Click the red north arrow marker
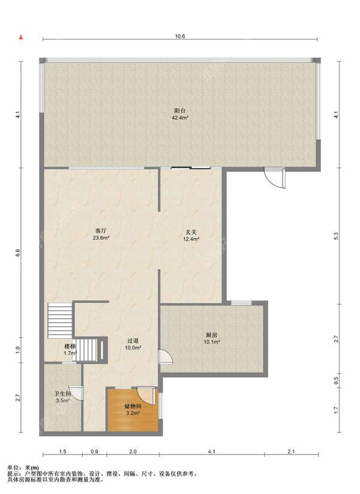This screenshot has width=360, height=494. click(x=21, y=37)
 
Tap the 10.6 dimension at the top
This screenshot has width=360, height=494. click(x=180, y=36)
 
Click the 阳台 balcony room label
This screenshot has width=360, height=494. click(x=179, y=111)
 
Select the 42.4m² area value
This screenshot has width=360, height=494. click(x=179, y=118)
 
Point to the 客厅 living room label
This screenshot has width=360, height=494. click(x=101, y=231)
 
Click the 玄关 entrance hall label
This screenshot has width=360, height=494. click(x=191, y=232)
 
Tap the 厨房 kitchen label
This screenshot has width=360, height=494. click(x=212, y=335)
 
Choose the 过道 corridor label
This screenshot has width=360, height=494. click(x=133, y=341)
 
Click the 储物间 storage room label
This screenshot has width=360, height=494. click(x=133, y=406)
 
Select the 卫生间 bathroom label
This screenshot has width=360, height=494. click(x=62, y=394)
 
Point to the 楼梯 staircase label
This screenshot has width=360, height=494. click(x=70, y=347)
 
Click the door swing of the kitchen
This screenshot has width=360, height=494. click(x=166, y=357)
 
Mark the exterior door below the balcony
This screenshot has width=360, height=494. click(x=275, y=178)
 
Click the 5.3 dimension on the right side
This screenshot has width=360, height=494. click(x=336, y=236)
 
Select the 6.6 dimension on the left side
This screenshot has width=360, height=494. click(x=18, y=252)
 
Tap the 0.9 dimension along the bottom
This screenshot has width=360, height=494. click(x=94, y=451)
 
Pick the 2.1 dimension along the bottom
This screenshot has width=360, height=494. click(x=291, y=451)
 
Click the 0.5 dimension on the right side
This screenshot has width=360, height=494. click(x=336, y=381)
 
